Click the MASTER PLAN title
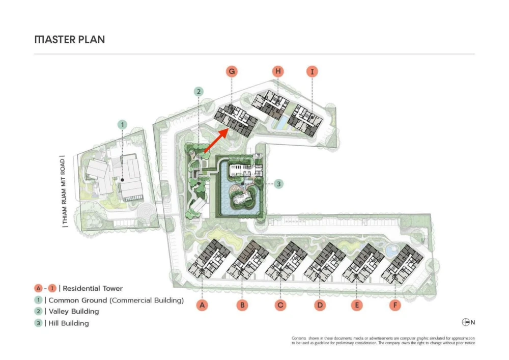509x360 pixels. (70, 40)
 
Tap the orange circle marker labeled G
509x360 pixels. (232, 71)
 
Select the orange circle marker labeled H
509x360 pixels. (278, 71)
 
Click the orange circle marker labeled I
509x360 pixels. (313, 72)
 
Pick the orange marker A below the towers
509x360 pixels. (202, 305)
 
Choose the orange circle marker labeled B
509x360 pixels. (242, 305)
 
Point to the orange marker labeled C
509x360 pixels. (280, 305)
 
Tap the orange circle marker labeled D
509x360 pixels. (320, 305)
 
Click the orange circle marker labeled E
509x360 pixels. (357, 305)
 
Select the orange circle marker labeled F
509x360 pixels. (395, 305)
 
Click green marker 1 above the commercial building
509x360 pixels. (122, 125)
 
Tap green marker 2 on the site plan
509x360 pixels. (199, 92)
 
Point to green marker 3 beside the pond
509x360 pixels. (278, 184)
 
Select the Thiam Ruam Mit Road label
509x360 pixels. (64, 191)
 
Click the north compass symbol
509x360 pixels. (466, 322)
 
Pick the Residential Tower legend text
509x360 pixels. (93, 288)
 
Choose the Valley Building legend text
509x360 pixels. (74, 311)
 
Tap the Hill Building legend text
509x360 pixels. (69, 323)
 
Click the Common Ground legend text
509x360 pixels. (116, 300)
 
